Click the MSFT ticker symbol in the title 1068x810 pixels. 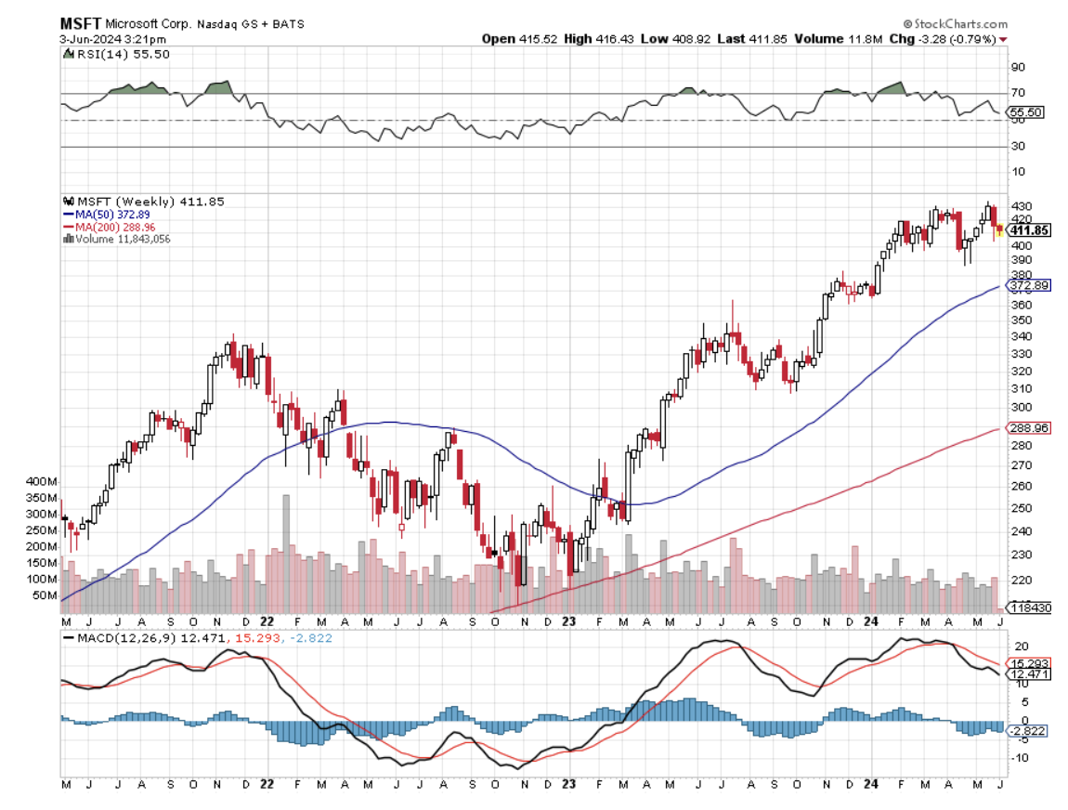click(x=81, y=22)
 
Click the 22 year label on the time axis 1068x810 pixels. click(x=267, y=621)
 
